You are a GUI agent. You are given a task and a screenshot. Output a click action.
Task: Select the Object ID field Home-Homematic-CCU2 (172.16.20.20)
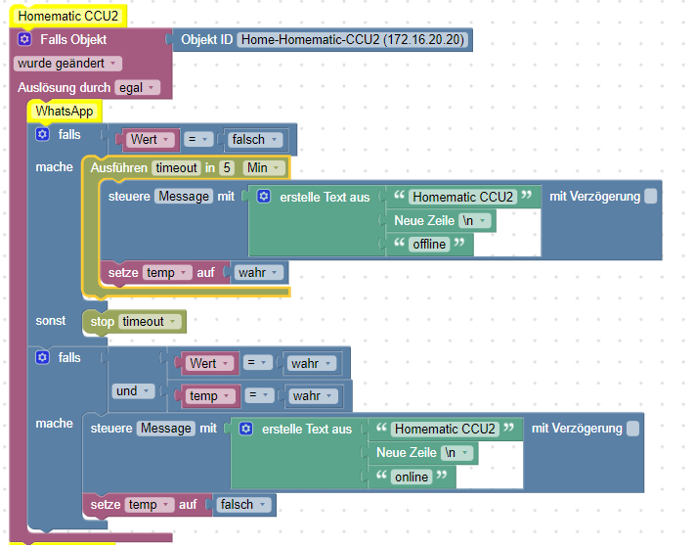pos(353,40)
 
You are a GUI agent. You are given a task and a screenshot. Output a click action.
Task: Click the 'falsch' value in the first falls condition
pos(253,140)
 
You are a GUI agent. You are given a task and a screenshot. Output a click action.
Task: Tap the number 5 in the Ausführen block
pos(227,168)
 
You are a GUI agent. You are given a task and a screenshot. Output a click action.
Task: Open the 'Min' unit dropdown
pos(263,168)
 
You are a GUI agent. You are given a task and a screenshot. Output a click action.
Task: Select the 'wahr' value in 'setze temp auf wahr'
pos(258,272)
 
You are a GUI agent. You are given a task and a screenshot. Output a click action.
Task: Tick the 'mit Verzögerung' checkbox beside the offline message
pos(651,197)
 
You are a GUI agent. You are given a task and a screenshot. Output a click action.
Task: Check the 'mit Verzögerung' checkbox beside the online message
pos(632,429)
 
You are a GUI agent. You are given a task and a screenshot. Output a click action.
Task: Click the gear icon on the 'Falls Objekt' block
pos(25,40)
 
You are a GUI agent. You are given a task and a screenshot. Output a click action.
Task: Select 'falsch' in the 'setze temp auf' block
pos(240,505)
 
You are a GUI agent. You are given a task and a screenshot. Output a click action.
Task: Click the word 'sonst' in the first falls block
pos(51,321)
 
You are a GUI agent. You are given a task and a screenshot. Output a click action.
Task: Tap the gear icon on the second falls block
pos(42,358)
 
